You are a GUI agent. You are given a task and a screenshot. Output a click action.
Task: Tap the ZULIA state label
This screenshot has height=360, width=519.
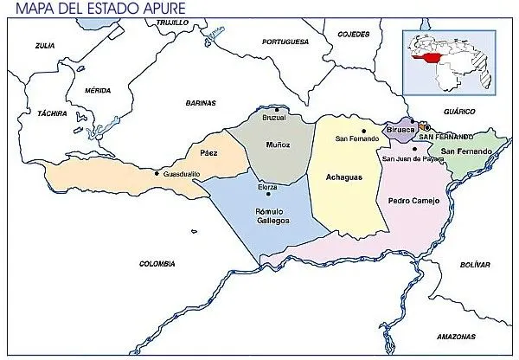click(x=45, y=44)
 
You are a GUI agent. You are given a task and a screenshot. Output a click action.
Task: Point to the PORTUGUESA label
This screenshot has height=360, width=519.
click(x=285, y=41)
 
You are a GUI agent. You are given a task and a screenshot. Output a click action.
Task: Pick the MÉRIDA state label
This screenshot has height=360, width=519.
click(x=98, y=90)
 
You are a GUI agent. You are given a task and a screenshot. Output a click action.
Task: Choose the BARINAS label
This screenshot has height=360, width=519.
click(x=200, y=103)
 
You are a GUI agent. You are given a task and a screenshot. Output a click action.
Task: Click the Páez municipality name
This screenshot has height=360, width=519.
click(x=208, y=152)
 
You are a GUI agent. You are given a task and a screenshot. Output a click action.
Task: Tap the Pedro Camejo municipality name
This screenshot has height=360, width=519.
click(x=414, y=201)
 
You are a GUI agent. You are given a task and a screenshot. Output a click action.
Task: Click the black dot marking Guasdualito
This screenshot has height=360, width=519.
click(x=156, y=174)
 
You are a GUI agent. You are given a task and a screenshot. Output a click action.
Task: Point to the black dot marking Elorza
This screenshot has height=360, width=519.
click(x=268, y=195)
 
